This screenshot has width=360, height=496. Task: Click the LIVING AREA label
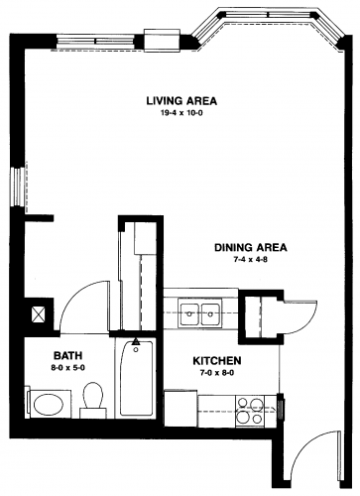pyautogui.click(x=181, y=100)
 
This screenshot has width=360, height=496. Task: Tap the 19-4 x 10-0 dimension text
pyautogui.click(x=181, y=113)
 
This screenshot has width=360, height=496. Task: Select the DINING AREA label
pyautogui.click(x=251, y=247)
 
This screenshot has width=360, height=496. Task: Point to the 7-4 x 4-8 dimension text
pyautogui.click(x=250, y=260)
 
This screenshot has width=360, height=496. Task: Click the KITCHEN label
pyautogui.click(x=217, y=360)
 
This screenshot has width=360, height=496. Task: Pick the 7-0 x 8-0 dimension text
pyautogui.click(x=217, y=373)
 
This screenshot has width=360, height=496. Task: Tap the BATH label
pyautogui.click(x=67, y=356)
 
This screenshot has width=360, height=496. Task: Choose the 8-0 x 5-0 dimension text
pyautogui.click(x=68, y=368)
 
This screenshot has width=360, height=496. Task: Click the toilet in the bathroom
pyautogui.click(x=92, y=400)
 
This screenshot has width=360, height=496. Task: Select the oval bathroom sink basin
pyautogui.click(x=49, y=405)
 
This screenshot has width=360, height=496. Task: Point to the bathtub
pyautogui.click(x=136, y=378)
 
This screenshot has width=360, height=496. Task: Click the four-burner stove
pyautogui.click(x=249, y=410)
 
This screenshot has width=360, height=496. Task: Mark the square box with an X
pyautogui.click(x=38, y=314)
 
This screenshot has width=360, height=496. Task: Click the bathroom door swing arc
pyautogui.click(x=80, y=300)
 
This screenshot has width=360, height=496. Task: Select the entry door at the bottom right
pyautogui.click(x=315, y=456)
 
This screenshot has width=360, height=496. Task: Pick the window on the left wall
pyautogui.click(x=17, y=186)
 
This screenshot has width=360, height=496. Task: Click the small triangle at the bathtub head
pyautogui.click(x=136, y=341)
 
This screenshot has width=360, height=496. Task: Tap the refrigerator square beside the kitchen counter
pyautogui.click(x=180, y=409)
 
